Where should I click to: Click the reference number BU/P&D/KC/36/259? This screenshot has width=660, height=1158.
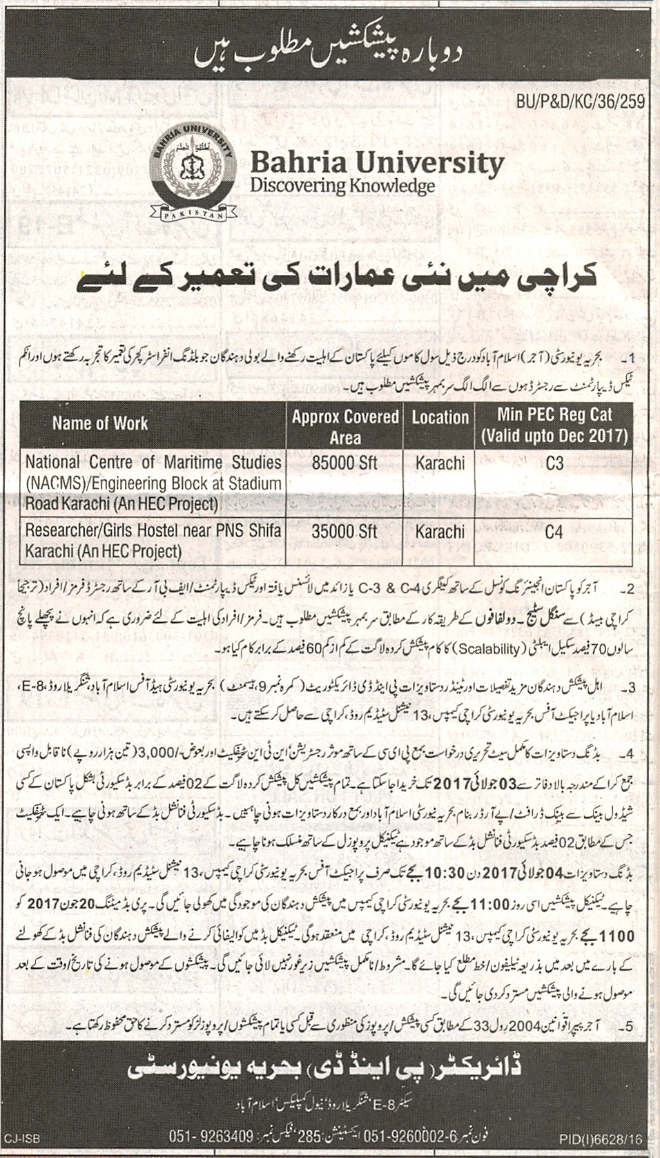tap(579, 102)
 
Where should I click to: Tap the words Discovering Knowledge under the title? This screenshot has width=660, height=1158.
tap(342, 186)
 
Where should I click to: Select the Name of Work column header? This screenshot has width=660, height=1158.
tap(100, 423)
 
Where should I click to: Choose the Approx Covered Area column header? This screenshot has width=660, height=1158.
tap(345, 427)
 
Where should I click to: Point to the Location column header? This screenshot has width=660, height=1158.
tap(440, 417)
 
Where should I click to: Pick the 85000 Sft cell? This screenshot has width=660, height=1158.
tap(344, 463)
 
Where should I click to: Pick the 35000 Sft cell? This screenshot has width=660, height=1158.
tap(344, 531)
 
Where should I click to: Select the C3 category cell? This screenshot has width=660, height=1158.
tap(554, 463)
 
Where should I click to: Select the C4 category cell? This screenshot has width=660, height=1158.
tap(554, 532)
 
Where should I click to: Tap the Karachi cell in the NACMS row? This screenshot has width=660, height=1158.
tap(440, 463)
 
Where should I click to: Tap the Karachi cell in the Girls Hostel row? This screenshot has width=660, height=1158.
tap(440, 532)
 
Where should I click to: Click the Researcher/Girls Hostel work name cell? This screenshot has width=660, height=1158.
tap(153, 541)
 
